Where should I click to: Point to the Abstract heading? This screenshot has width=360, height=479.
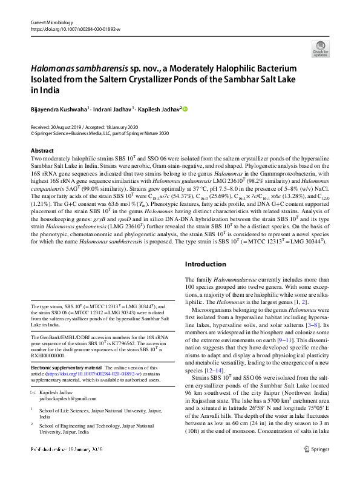tap(42, 150)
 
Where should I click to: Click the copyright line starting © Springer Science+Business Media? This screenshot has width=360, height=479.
tap(99, 133)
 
